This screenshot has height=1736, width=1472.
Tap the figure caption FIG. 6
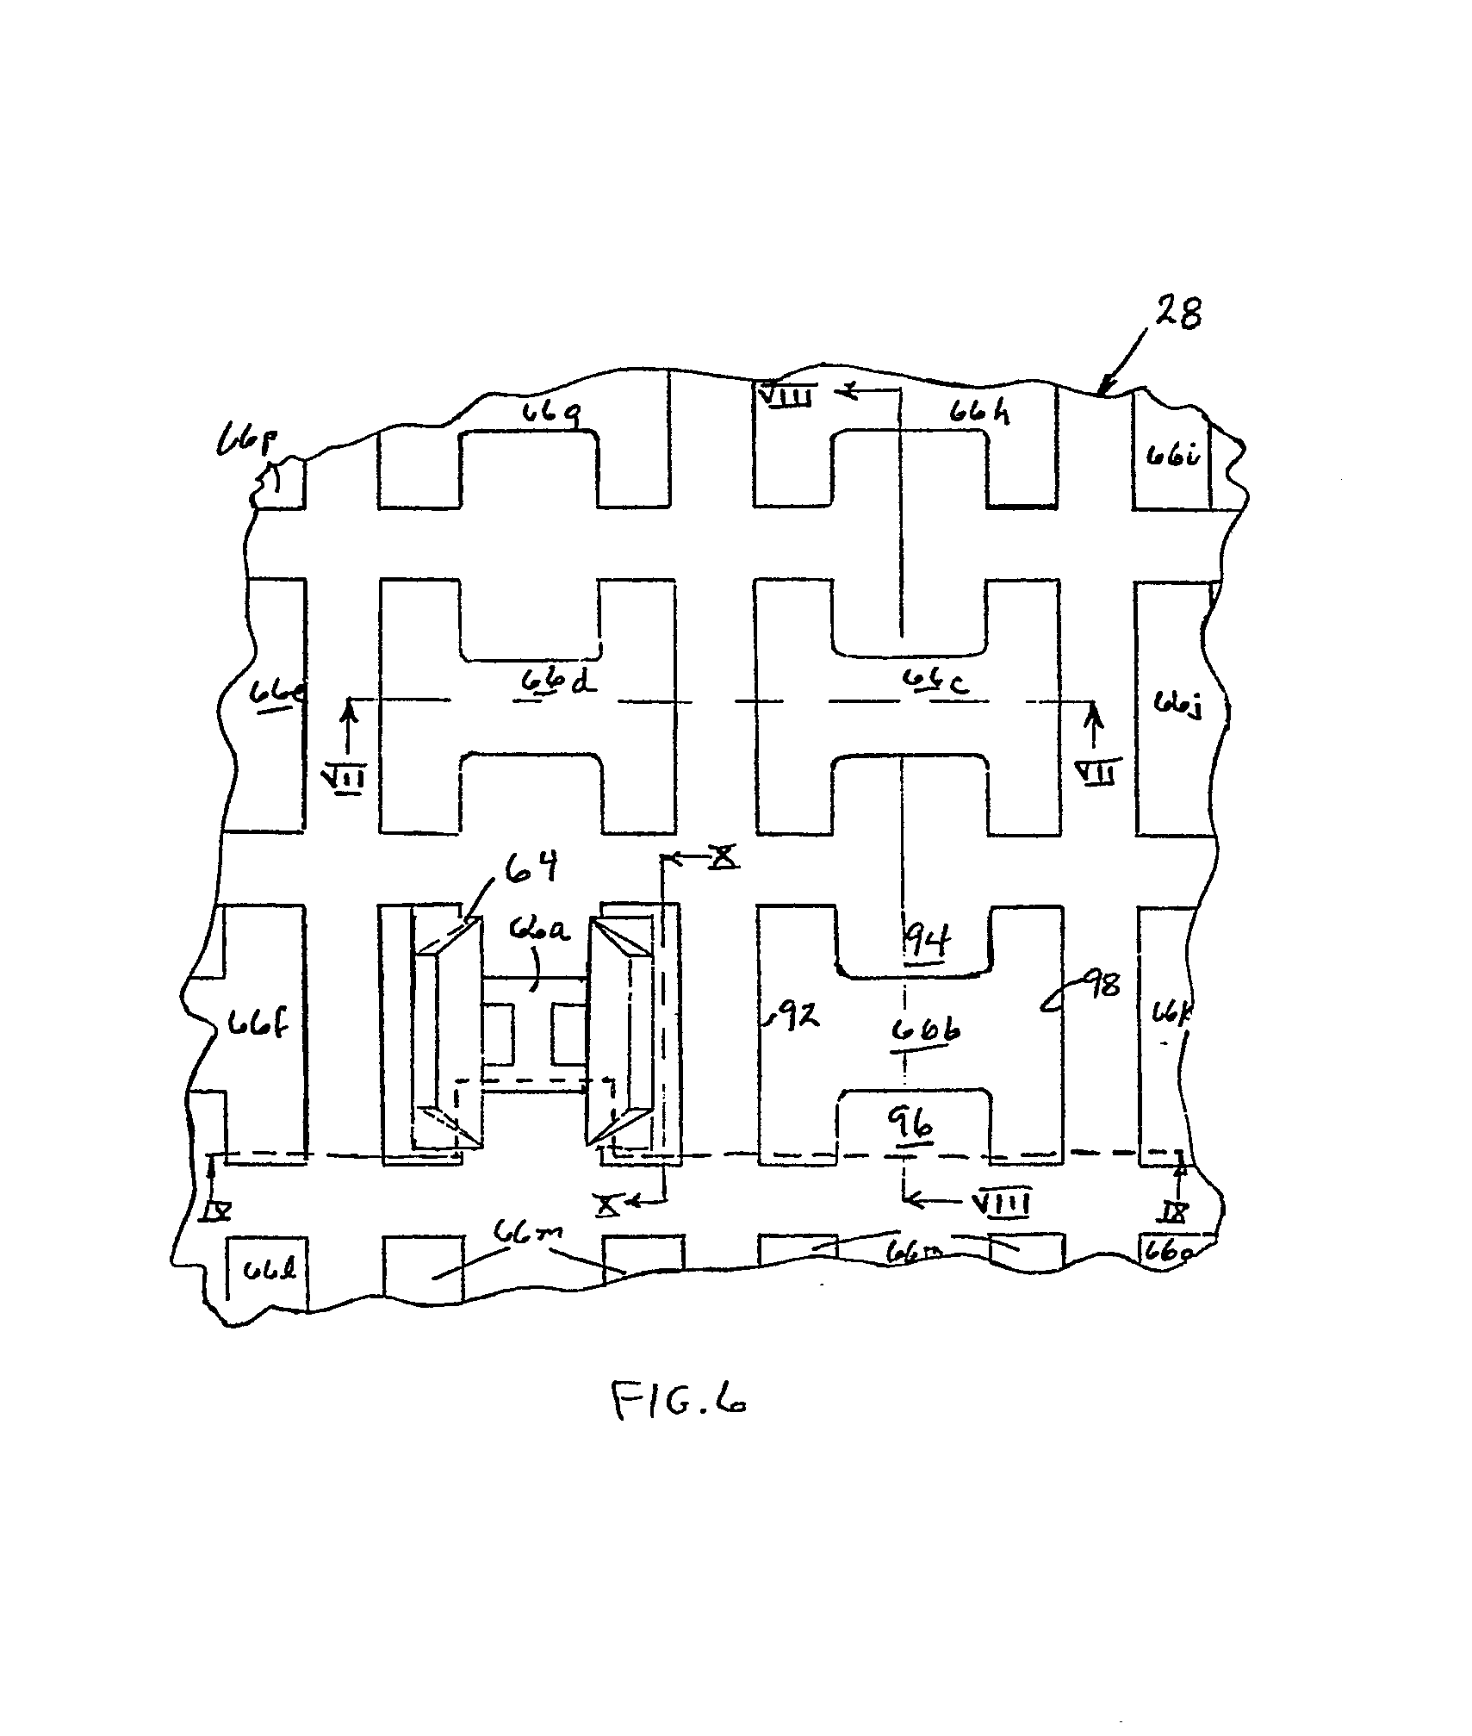678,1401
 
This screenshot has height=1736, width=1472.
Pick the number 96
915,1123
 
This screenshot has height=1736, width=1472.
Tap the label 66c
935,681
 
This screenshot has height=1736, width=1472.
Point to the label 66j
1177,706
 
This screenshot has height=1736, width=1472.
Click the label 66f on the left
258,1025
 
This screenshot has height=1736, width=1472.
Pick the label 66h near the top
979,413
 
